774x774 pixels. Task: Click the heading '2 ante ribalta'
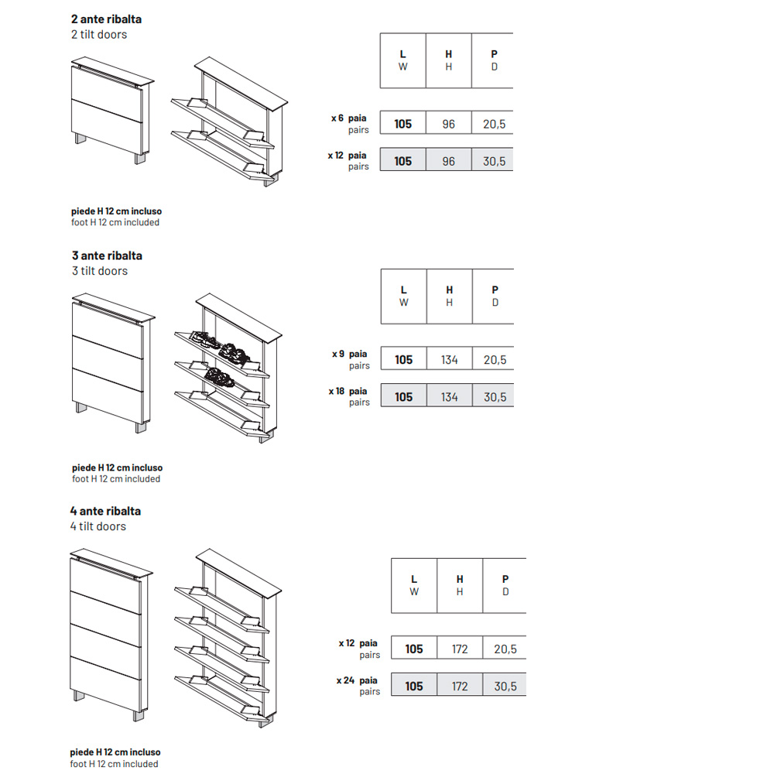[106, 19]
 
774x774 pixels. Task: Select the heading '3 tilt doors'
[100, 271]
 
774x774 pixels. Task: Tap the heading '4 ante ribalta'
[105, 511]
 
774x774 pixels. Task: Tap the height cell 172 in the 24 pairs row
[460, 685]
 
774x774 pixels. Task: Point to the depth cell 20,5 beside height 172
[505, 648]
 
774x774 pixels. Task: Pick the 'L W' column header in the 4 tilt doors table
[414, 585]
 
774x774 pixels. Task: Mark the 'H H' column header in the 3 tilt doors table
[449, 296]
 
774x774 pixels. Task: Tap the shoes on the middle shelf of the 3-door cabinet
[221, 377]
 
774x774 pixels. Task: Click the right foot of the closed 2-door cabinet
[140, 159]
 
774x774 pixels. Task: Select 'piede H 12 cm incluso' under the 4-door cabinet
[115, 752]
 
